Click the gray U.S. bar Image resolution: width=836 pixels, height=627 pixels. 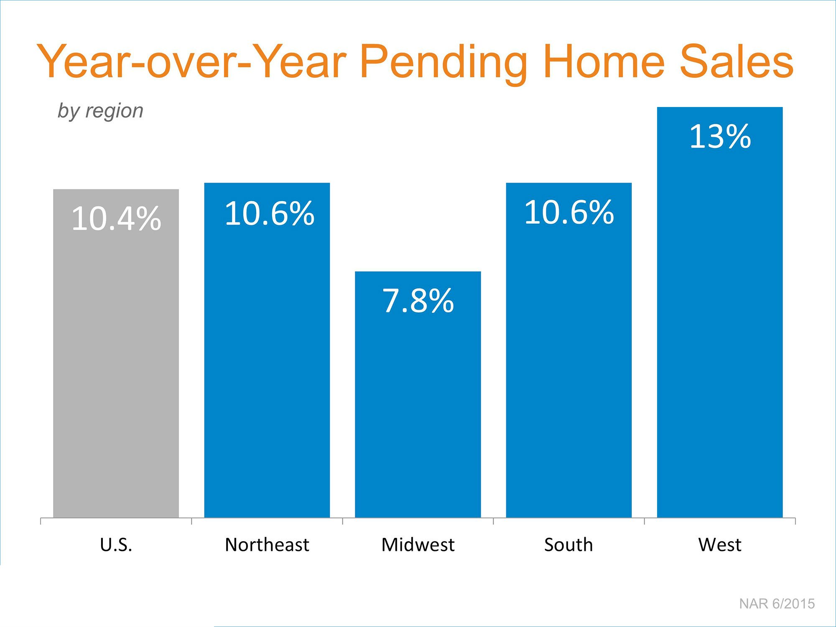[x=116, y=354]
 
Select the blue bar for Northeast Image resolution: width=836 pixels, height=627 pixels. [x=267, y=350]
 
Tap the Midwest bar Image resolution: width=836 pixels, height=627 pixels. [x=418, y=395]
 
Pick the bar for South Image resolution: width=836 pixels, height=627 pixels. [x=569, y=350]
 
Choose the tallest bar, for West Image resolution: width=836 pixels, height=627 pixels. [x=720, y=312]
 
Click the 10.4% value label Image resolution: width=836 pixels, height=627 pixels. [x=116, y=219]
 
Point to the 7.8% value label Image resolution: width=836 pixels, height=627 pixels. [x=418, y=301]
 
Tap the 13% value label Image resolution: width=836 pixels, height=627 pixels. [x=720, y=137]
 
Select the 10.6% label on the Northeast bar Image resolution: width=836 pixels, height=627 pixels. [x=270, y=214]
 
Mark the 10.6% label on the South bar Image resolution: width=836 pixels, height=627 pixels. [x=569, y=212]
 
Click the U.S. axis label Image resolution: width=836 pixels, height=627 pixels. [x=116, y=545]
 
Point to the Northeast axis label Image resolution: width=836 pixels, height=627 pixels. [x=267, y=545]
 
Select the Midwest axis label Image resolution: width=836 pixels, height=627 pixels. [x=418, y=545]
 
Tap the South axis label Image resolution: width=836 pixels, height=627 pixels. [x=568, y=545]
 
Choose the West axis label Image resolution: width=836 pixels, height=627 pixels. [x=720, y=545]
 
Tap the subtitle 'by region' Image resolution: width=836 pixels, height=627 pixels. [x=100, y=111]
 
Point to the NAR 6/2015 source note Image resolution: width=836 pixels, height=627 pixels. [x=777, y=604]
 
